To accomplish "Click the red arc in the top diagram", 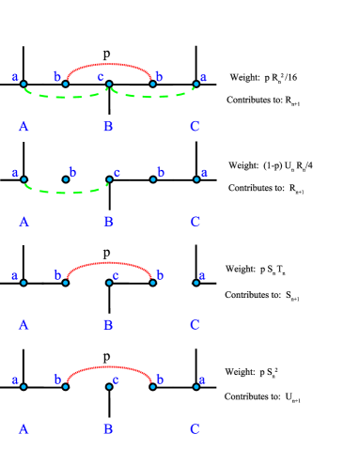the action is point(109,65).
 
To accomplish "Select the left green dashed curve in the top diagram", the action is point(64,96).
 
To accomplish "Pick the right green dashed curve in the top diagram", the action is point(152,95).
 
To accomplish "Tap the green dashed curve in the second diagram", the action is point(64,192).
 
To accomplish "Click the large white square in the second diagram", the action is point(45,173).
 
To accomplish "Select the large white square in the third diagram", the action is point(175,292).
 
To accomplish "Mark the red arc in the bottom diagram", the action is point(109,367).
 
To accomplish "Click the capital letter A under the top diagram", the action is point(23,127).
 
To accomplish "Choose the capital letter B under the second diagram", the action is point(108,223).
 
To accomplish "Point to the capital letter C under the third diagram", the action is point(195,326).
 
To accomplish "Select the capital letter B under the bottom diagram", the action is point(108,429).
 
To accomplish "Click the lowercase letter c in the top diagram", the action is point(101,76).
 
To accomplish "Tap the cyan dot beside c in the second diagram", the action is point(109,178).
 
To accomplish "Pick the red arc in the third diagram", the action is point(109,264).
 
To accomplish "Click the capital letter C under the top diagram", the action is point(195,127).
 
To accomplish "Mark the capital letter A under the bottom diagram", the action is point(23,429).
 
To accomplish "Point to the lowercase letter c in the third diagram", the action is point(116,276).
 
